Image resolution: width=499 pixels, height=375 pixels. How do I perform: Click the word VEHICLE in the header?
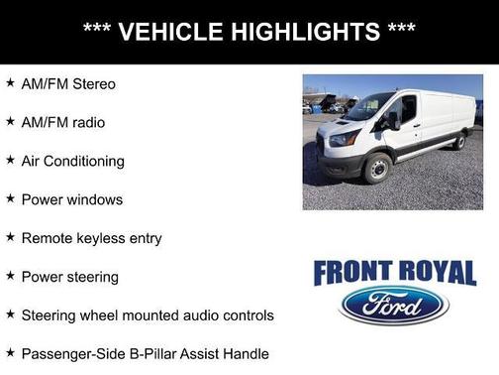[170, 32]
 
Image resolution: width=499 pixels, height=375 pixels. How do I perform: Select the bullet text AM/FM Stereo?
[68, 84]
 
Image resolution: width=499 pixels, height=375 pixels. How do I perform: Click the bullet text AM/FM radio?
[62, 122]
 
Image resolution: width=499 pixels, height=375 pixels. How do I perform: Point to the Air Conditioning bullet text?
[72, 161]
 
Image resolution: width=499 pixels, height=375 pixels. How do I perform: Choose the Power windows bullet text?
[71, 199]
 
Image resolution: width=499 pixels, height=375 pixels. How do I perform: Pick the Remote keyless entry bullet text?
[91, 238]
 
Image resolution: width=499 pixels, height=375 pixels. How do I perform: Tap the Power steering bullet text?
[69, 277]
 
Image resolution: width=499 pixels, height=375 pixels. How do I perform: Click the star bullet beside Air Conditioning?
[10, 160]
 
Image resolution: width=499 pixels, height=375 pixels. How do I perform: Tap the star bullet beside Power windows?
[10, 198]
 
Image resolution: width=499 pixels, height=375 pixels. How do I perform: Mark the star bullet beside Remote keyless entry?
[10, 237]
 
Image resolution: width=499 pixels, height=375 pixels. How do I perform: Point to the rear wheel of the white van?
[457, 143]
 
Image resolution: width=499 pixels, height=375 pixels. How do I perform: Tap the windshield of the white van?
[367, 107]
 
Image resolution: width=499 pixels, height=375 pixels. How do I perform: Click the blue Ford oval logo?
[393, 306]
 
